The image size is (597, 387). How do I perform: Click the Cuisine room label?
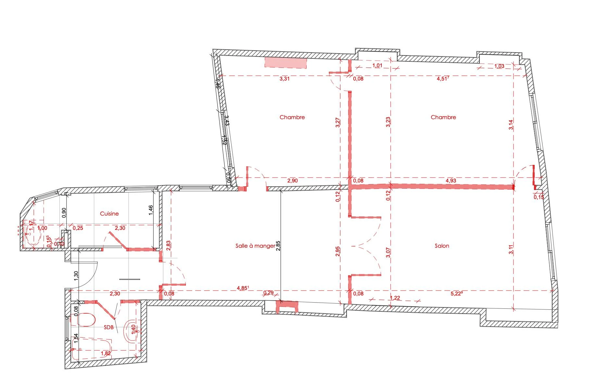[x=109, y=214]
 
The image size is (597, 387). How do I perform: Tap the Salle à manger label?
[x=255, y=246]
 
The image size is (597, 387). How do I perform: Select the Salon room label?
[x=442, y=246]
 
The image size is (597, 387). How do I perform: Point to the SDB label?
[x=108, y=327]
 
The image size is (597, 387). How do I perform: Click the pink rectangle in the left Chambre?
[x=286, y=62]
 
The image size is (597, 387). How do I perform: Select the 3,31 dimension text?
[x=285, y=79]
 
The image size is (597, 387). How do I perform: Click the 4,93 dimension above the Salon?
[x=451, y=181]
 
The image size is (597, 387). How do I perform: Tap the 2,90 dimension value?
[x=292, y=181]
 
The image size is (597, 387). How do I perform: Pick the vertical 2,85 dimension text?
[x=278, y=246]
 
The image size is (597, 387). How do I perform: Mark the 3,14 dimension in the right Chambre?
[x=511, y=125]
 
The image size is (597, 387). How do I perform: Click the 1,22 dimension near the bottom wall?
[x=395, y=298]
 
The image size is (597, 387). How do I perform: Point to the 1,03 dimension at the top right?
[x=499, y=66]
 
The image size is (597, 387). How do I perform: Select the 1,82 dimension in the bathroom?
[x=106, y=354]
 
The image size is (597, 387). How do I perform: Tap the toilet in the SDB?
[x=84, y=320]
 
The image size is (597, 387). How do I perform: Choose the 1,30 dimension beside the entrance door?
[x=76, y=275]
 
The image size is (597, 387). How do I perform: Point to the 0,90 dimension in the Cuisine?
[x=64, y=212]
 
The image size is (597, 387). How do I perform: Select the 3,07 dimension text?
[x=388, y=253]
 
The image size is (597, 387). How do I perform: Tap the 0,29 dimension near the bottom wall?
[x=268, y=293]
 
